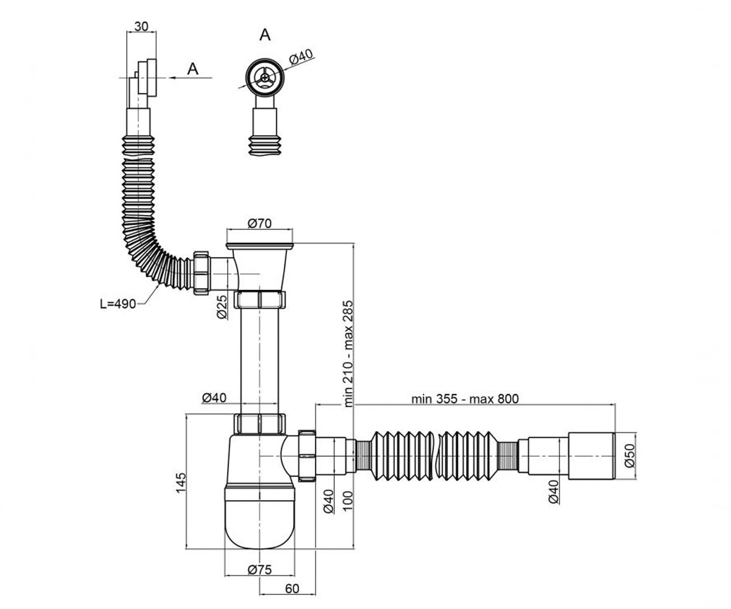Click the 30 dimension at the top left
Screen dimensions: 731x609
coord(141,26)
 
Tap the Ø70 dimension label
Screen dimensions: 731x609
coord(260,224)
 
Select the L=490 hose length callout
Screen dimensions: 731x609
coord(118,304)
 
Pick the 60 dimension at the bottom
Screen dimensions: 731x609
coord(292,589)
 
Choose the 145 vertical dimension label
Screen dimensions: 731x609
coord(181,483)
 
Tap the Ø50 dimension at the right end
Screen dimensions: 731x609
coord(629,456)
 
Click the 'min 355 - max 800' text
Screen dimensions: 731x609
coord(465,399)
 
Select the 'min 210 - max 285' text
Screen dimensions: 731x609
coord(348,354)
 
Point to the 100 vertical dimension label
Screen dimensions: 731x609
coord(348,501)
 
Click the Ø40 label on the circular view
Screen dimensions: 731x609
coord(301,57)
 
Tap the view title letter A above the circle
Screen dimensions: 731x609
coord(265,35)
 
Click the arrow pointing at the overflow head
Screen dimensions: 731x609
coord(190,78)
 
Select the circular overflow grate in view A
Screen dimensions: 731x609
coord(264,77)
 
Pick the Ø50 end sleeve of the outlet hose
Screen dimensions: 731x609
coord(592,456)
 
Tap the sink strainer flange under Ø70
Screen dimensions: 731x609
coord(260,246)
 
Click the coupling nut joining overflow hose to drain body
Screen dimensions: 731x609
coord(200,273)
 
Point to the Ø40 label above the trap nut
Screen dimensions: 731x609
coord(214,398)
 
